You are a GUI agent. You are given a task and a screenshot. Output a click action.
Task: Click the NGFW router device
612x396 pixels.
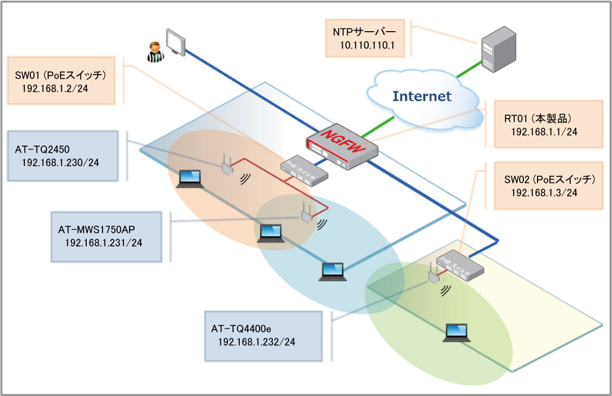(x=342, y=145)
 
